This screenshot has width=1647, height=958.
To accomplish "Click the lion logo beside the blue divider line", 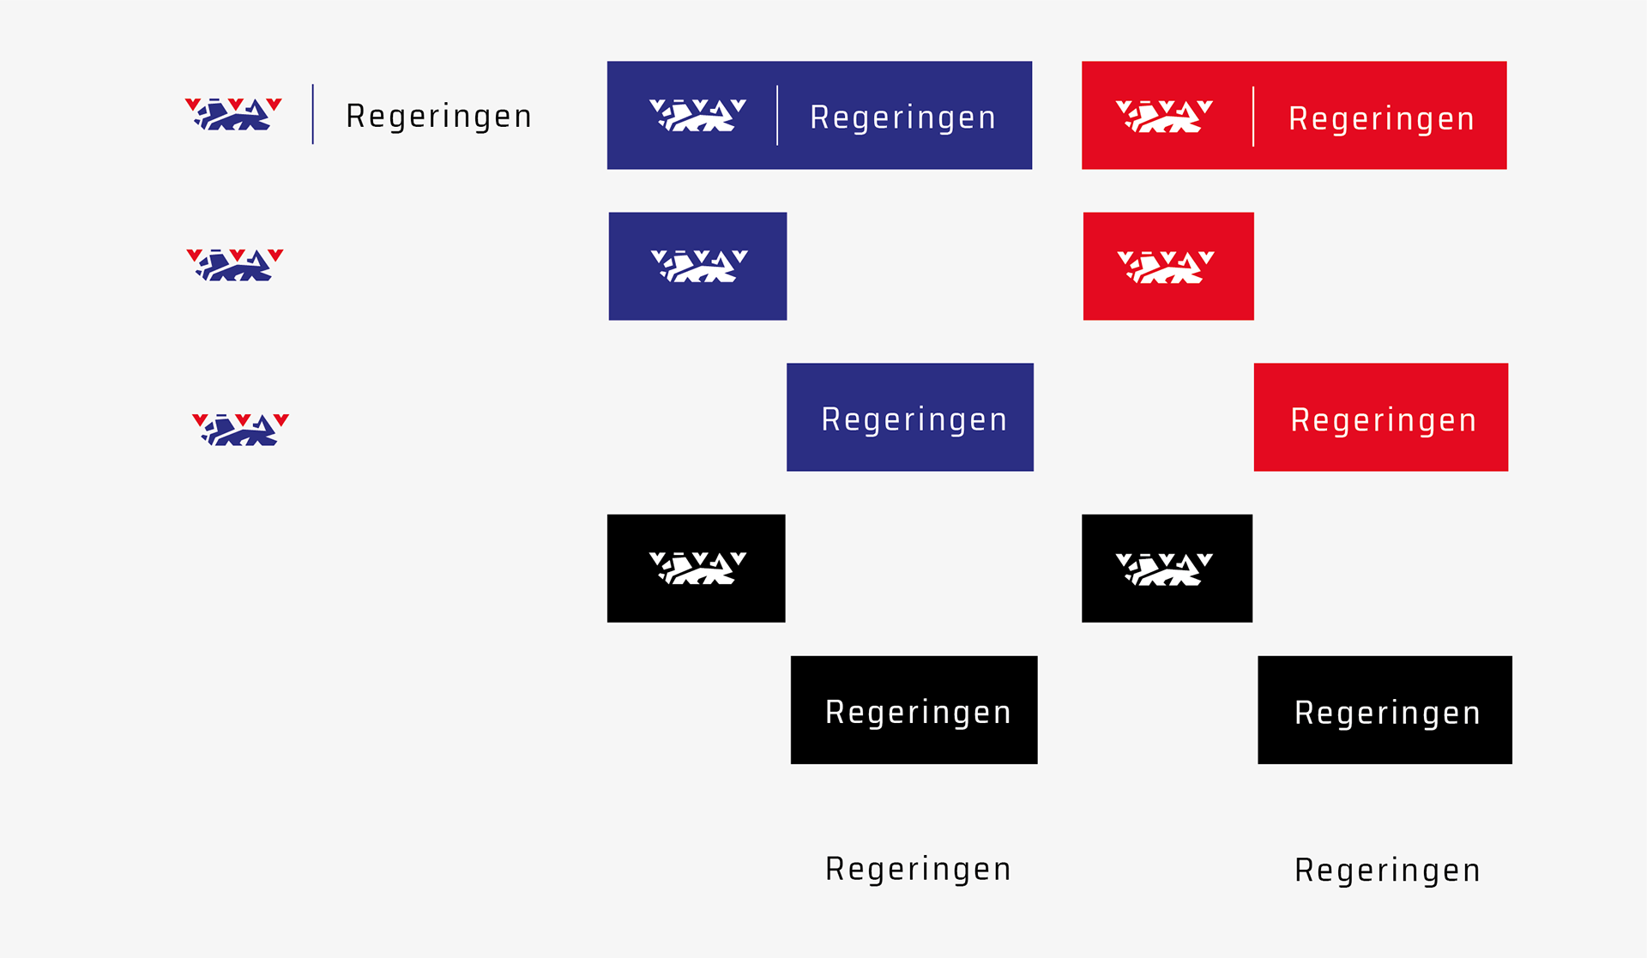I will [x=233, y=114].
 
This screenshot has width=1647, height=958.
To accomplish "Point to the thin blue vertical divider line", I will [x=313, y=114].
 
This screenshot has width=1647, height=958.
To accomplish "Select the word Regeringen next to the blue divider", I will [x=438, y=116].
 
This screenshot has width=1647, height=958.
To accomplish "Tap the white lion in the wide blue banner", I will [x=697, y=115].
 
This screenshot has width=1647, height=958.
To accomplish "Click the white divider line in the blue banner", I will [x=777, y=115].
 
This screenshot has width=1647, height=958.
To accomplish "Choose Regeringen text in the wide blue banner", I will [x=902, y=117].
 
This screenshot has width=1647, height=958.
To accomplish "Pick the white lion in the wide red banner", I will [x=1164, y=117].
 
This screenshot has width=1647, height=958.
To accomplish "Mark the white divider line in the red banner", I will [x=1253, y=116].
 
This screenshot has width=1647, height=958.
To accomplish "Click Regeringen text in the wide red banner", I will [x=1381, y=119].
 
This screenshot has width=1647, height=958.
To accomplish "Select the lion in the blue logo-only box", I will [x=699, y=266].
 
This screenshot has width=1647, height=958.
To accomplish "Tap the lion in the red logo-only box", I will [x=1166, y=267].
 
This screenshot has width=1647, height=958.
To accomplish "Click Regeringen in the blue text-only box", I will [x=914, y=419].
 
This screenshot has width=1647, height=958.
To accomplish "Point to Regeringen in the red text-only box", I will [x=1383, y=420].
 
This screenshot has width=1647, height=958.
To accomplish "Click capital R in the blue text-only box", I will [x=830, y=419].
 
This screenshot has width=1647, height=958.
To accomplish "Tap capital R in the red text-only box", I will [x=1300, y=420].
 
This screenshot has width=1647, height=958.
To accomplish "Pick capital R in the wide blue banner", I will [x=818, y=117].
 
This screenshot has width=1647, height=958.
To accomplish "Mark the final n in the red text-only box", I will [x=1468, y=421].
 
